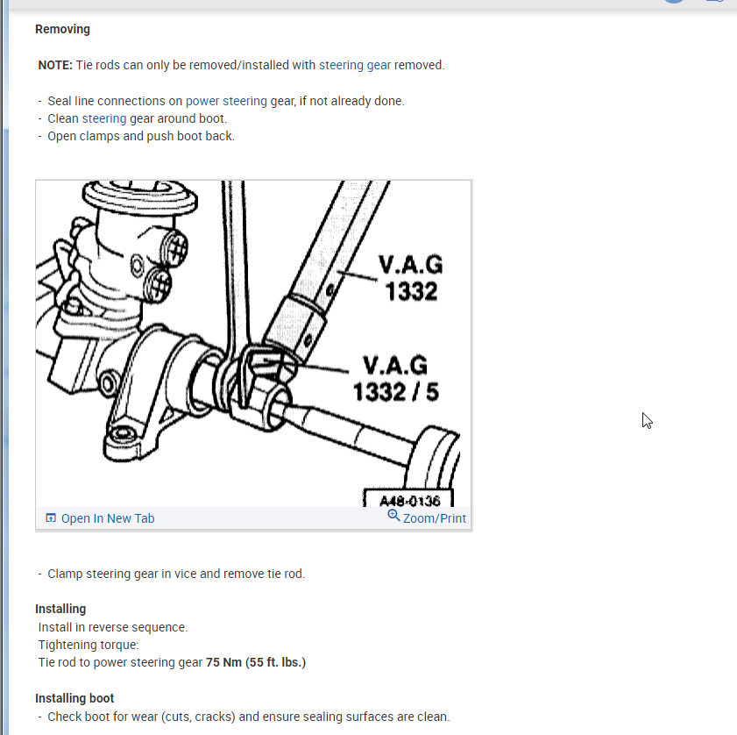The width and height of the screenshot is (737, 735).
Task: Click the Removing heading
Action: (x=62, y=29)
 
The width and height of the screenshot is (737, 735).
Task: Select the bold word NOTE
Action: (x=55, y=65)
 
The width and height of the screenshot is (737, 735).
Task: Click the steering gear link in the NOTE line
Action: (x=354, y=65)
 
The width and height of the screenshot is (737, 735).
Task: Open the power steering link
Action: (x=226, y=101)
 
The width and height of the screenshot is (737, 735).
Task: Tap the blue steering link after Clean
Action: (x=104, y=118)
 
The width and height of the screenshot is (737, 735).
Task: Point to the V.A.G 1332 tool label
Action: (x=410, y=277)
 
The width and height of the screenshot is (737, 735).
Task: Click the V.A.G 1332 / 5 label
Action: (x=397, y=377)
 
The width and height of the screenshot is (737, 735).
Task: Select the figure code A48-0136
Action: (x=409, y=501)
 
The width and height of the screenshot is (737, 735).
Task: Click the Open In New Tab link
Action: (x=107, y=518)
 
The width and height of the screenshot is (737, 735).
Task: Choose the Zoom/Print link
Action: (x=434, y=518)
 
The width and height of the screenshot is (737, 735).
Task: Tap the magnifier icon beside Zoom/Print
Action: (x=393, y=516)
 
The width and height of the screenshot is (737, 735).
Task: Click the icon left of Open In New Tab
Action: (x=51, y=518)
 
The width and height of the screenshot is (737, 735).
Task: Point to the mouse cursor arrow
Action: (x=647, y=420)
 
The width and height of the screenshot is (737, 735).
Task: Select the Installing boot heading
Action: (x=74, y=698)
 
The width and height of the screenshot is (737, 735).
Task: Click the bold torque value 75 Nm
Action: (x=223, y=662)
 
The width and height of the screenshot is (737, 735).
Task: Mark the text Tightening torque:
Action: (x=89, y=645)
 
